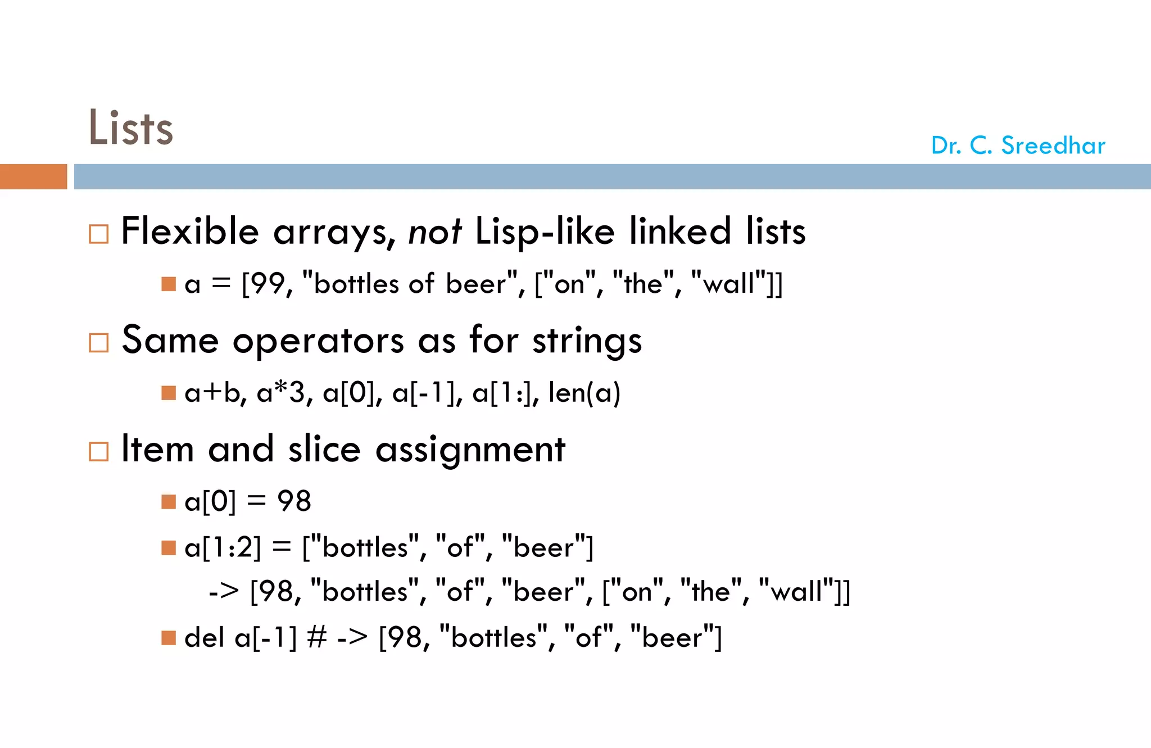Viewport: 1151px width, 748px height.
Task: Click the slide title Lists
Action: pyautogui.click(x=130, y=128)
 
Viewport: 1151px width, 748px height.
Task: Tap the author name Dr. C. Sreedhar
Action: pyautogui.click(x=1018, y=146)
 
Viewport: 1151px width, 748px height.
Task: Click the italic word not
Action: pyautogui.click(x=434, y=232)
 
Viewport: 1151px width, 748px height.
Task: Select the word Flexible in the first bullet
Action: pyautogui.click(x=190, y=231)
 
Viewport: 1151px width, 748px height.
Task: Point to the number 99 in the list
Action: pyautogui.click(x=269, y=284)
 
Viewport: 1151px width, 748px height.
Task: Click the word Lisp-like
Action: pyautogui.click(x=545, y=232)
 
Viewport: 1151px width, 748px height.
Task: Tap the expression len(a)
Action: pyautogui.click(x=584, y=392)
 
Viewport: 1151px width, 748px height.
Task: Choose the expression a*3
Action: pyautogui.click(x=280, y=392)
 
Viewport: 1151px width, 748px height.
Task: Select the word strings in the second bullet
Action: pyautogui.click(x=587, y=341)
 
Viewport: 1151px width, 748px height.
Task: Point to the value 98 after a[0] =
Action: pyautogui.click(x=294, y=501)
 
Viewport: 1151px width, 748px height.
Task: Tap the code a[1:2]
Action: pyautogui.click(x=223, y=547)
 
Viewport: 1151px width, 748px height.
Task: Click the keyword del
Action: pyautogui.click(x=204, y=637)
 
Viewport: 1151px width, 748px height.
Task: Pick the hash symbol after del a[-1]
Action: pyautogui.click(x=317, y=637)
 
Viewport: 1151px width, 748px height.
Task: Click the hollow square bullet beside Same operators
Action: pyautogui.click(x=99, y=342)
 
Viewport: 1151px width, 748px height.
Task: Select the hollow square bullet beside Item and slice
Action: pyautogui.click(x=99, y=451)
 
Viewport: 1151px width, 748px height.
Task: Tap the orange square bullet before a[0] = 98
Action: pyautogui.click(x=169, y=501)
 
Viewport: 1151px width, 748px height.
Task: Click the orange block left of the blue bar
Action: pyautogui.click(x=33, y=176)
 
